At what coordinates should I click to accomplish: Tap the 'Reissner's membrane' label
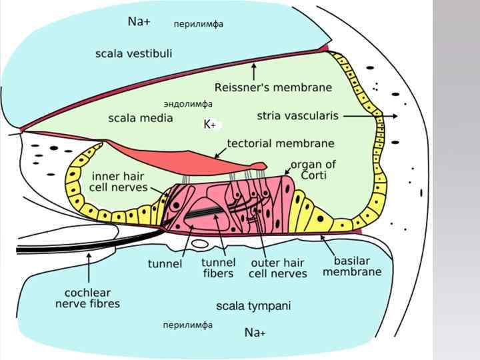(x=273, y=87)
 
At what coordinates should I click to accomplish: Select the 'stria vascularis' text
(x=297, y=116)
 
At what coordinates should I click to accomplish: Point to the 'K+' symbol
(x=209, y=125)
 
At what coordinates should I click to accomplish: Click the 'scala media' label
(x=140, y=118)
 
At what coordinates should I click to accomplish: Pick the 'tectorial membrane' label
(x=281, y=143)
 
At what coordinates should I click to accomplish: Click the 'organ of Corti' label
(x=313, y=170)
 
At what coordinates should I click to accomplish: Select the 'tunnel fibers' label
(x=218, y=268)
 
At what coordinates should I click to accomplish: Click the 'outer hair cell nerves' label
(x=278, y=268)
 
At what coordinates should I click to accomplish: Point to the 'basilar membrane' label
(x=352, y=266)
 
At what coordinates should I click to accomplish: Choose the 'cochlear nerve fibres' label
(x=87, y=298)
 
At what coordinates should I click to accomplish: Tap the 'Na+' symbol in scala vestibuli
(x=139, y=22)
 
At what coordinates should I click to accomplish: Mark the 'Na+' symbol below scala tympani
(x=255, y=332)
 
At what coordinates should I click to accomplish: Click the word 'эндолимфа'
(x=188, y=104)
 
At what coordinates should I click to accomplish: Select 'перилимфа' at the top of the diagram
(x=198, y=24)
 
